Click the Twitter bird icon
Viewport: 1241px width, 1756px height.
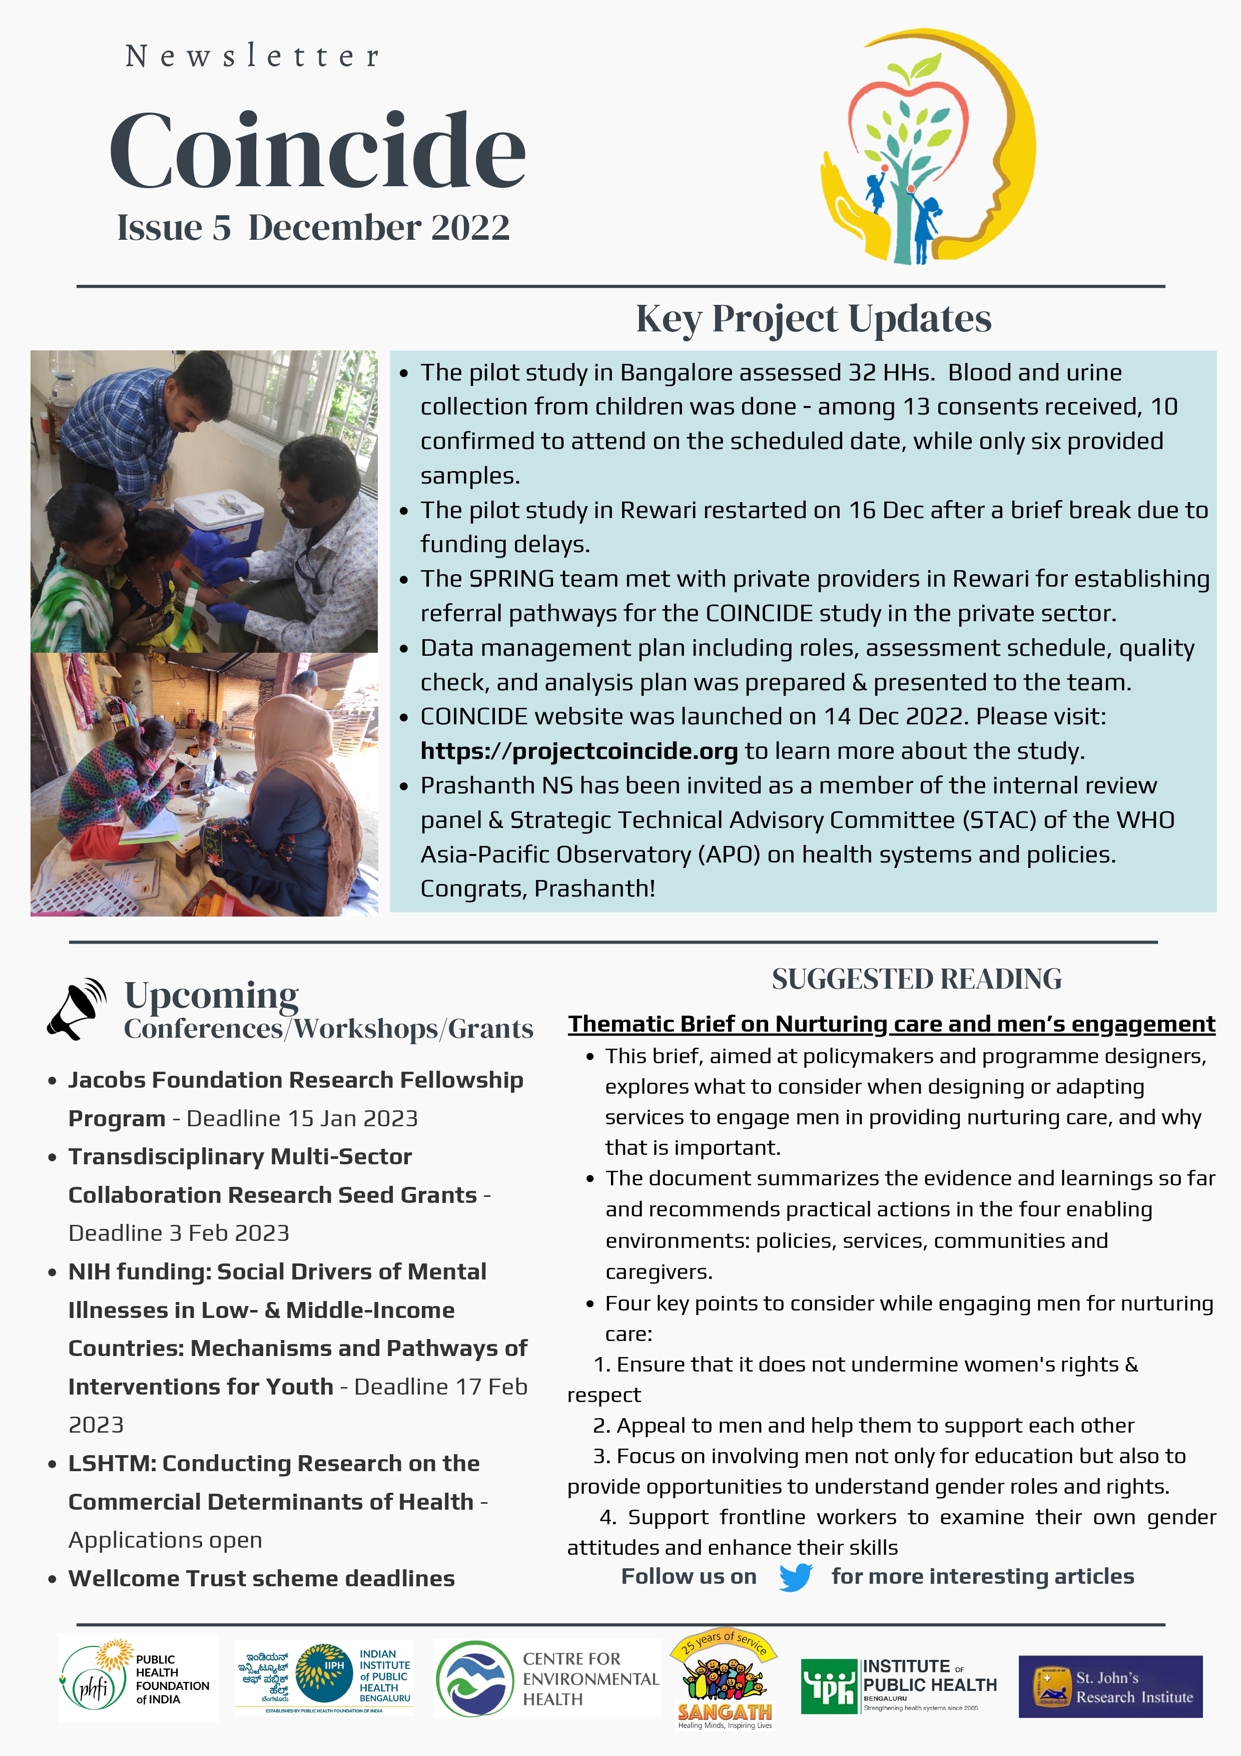(795, 1577)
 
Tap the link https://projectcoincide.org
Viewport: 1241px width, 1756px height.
(579, 751)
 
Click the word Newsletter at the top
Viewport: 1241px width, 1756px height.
(252, 56)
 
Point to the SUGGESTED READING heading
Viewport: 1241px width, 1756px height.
(916, 979)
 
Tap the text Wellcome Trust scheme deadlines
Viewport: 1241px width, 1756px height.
(262, 1578)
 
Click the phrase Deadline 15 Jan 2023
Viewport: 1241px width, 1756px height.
(302, 1118)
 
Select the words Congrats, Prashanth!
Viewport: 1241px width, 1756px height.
(537, 888)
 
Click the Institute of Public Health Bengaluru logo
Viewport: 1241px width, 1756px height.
(898, 1685)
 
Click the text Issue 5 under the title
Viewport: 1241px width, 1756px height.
(174, 228)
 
